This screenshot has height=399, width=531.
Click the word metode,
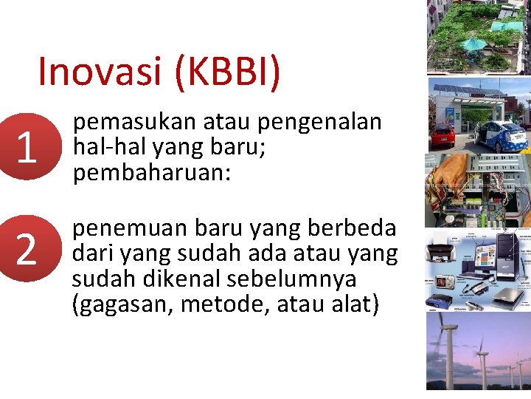[x=226, y=304]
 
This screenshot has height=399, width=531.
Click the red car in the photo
[x=444, y=134]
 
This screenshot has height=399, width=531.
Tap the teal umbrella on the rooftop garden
[x=473, y=43]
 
